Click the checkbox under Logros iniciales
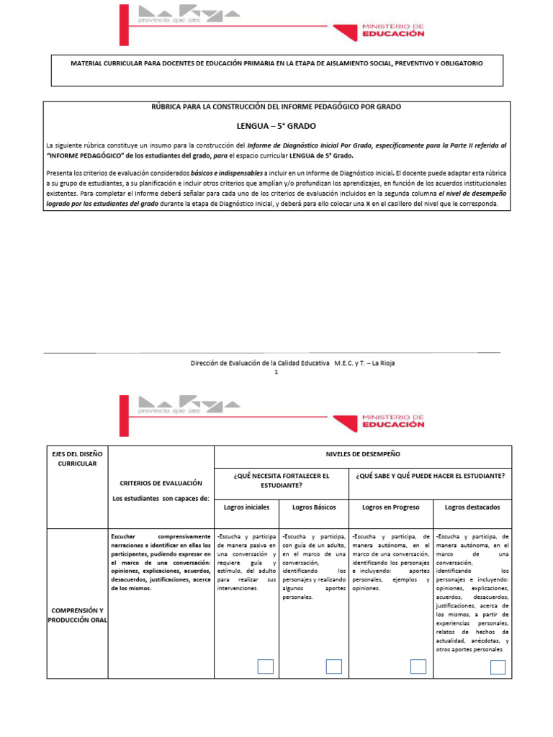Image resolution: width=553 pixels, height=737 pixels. pos(266,666)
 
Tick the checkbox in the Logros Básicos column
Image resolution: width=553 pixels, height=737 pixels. pos(333,666)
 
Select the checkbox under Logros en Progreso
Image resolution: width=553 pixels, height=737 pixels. pos(418,666)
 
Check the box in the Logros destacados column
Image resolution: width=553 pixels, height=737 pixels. pos(498,667)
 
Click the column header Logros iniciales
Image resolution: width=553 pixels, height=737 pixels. pos(246,507)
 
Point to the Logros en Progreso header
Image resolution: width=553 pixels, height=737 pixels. pos(391,507)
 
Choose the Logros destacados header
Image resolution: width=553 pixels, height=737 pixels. pos(472,507)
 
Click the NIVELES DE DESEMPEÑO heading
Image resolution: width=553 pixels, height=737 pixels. pos(363,455)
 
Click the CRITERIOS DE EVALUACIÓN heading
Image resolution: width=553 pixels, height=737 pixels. pos(161,483)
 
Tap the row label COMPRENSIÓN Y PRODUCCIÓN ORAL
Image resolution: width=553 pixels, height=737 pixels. pos(77,615)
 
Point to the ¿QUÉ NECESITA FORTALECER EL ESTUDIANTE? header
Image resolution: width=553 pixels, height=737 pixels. pos(281,480)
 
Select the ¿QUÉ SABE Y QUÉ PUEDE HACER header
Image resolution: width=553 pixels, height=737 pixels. pos(430,476)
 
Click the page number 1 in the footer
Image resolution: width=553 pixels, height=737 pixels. pos(276,372)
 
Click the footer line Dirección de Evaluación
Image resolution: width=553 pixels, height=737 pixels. pos(276,363)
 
